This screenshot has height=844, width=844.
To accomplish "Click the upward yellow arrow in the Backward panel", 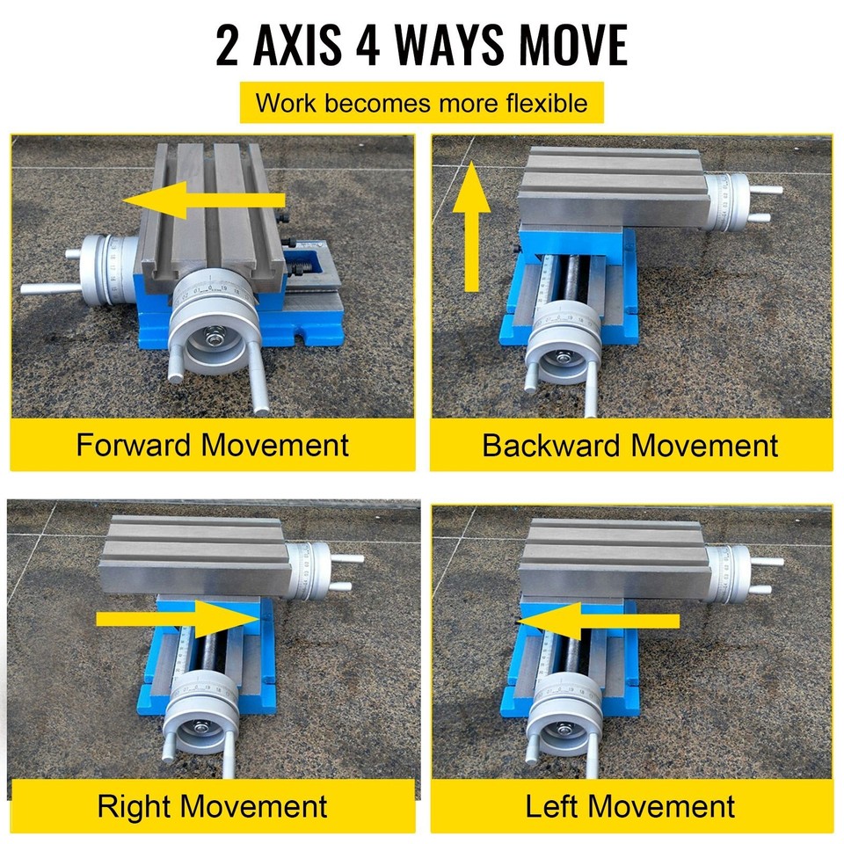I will (471, 226).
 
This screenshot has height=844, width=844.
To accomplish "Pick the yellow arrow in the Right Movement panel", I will (180, 618).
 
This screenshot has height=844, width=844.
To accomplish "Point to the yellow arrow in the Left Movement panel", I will (598, 621).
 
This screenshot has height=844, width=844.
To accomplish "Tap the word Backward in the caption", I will (552, 445).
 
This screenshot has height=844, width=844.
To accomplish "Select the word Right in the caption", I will (136, 806).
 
